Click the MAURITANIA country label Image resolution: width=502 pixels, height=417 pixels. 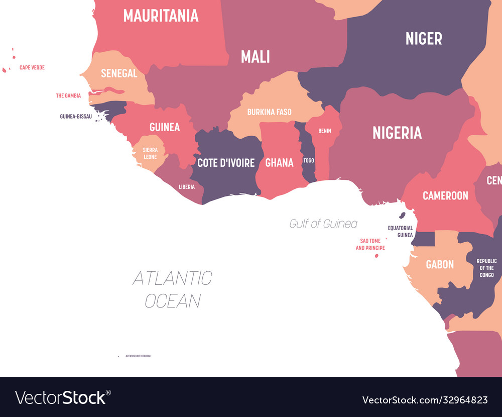161,16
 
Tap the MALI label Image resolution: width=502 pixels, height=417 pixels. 255,56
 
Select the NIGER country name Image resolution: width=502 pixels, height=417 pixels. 424,38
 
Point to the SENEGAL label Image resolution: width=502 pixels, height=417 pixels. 119,73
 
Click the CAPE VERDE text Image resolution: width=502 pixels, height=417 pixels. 32,67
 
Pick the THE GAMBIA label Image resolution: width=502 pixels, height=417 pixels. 68,95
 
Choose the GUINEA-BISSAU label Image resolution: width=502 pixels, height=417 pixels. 75,116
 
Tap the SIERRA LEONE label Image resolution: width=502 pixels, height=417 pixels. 150,153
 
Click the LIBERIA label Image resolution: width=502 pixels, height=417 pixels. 187,187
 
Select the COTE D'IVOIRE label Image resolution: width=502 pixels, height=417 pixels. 226,163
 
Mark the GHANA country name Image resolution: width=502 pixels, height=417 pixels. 279,163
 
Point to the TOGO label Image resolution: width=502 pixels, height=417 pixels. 309,161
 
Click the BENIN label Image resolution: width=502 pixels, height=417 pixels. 324,131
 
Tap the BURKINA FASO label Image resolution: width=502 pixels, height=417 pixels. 269,112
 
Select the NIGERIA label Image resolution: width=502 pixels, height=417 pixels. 397,133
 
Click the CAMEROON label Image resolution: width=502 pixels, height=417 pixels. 445,195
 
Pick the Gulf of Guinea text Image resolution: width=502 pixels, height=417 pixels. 323,224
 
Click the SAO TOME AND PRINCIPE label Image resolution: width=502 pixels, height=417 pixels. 370,244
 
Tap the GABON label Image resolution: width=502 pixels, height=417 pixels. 440,264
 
